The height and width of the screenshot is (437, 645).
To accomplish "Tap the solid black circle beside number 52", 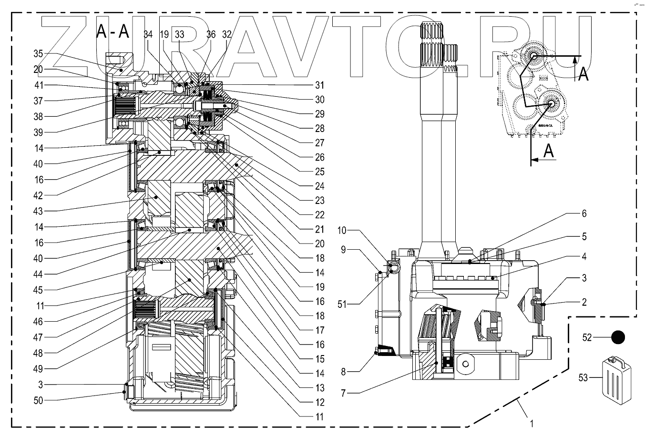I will click(x=618, y=337).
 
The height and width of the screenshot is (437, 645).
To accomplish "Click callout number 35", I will click(x=38, y=53).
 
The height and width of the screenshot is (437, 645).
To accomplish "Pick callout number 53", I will click(x=584, y=378).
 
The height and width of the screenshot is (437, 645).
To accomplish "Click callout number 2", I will click(x=584, y=302).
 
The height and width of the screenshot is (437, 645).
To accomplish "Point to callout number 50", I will click(x=38, y=400).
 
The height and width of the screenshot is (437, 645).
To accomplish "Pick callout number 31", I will click(x=319, y=85).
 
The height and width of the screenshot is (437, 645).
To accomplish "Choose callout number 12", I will click(x=319, y=402).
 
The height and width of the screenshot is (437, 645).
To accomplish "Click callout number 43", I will click(x=38, y=211).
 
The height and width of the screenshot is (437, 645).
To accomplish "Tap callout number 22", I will click(x=319, y=214).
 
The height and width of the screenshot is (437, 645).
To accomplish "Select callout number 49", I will click(x=38, y=368).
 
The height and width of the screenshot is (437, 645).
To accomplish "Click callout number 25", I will click(x=319, y=172).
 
